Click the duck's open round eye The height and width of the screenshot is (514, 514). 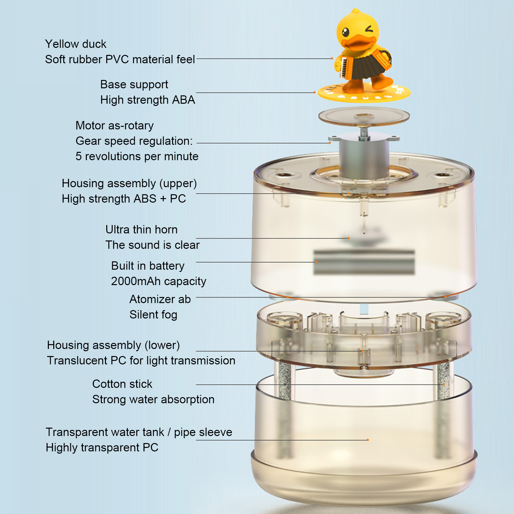pos(345,32)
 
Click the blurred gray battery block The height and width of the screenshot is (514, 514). pos(364,262)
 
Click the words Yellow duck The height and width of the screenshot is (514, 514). pos(76,44)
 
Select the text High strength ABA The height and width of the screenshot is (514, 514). pos(148,100)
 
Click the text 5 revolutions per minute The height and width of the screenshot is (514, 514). pos(137,156)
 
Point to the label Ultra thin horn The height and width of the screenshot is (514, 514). pos(142,230)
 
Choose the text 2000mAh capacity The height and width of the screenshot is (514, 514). pos(159,281)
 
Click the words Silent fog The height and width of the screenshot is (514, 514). pos(153,315)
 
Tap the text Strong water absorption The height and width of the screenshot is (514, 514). pos(153,399)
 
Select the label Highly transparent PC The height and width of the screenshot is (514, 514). pos(102,448)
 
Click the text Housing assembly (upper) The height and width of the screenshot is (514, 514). pos(129,183)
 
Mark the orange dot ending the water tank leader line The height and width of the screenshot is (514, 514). pos(368,440)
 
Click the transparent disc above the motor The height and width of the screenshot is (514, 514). pos(364,116)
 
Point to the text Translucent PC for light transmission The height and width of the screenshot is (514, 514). pos(141,361)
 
